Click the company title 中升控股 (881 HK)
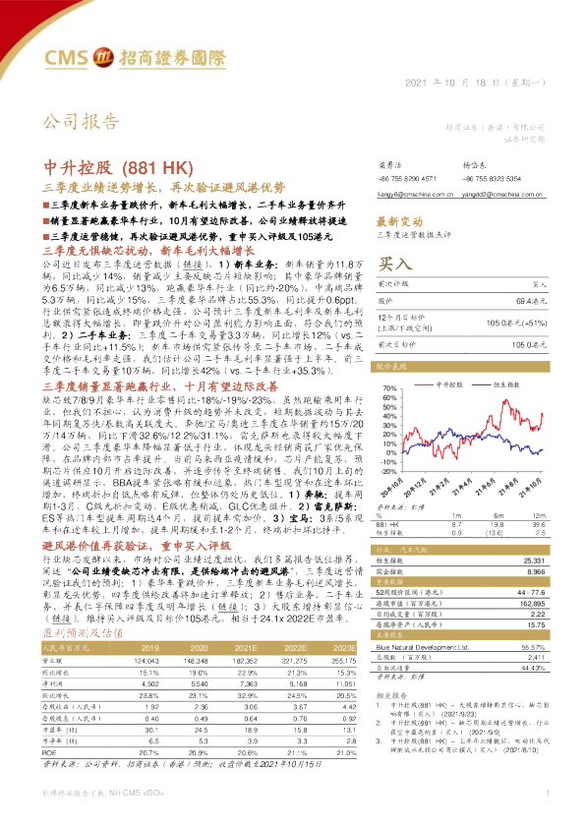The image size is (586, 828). point(108,165)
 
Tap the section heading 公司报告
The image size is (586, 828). point(79,123)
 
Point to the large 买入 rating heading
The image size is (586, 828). point(394,265)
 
